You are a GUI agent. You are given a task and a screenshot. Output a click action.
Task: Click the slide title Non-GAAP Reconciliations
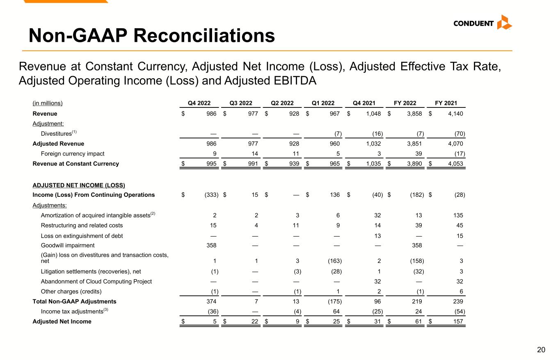point(151,36)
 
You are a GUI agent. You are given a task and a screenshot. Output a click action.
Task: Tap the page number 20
point(541,350)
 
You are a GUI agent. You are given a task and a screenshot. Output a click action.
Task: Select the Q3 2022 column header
point(240,103)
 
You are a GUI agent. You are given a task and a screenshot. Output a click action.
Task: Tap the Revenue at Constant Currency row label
point(75,164)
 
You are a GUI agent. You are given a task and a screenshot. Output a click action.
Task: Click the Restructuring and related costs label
point(82,226)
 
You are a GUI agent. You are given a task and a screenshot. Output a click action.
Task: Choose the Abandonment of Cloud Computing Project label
point(96,282)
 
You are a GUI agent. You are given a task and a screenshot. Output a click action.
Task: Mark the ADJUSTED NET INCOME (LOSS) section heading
point(79,185)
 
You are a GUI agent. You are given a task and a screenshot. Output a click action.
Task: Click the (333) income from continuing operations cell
point(211,195)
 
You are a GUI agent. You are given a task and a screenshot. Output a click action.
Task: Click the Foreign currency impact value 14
point(254,154)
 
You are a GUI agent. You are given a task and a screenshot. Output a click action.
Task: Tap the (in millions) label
point(48,103)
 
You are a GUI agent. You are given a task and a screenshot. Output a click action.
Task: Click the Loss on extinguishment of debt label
point(82,236)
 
